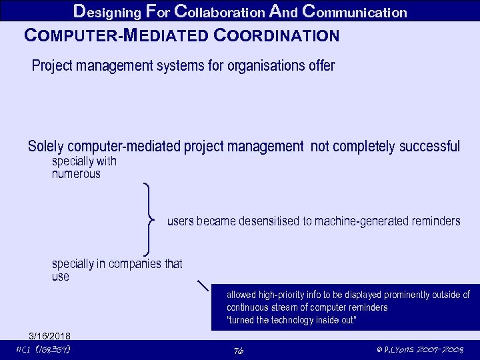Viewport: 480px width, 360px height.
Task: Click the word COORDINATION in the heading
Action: click(278, 35)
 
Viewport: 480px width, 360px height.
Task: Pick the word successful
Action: click(429, 146)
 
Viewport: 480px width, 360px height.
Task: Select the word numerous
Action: click(76, 174)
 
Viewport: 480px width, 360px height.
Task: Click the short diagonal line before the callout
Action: click(204, 287)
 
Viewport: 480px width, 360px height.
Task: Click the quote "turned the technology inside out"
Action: click(292, 321)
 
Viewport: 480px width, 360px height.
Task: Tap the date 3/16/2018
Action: click(49, 335)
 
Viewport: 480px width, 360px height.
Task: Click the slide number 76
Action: click(239, 351)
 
